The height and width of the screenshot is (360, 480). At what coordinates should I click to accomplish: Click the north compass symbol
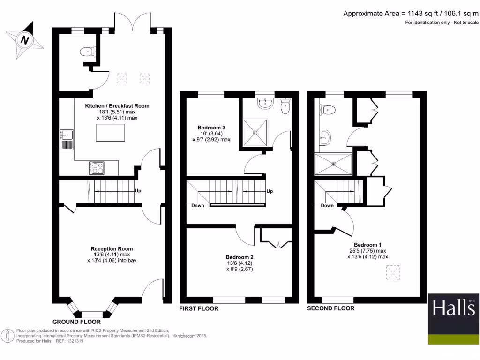[x=24, y=40]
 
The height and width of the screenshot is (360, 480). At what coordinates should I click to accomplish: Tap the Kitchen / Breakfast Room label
[x=117, y=106]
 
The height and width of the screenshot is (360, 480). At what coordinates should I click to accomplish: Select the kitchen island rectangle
[x=111, y=133]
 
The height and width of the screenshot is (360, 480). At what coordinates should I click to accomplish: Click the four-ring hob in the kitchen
[x=97, y=167]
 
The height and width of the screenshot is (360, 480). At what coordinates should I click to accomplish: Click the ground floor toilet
[x=87, y=52]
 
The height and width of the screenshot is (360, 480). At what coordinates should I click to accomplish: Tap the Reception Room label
[x=112, y=249]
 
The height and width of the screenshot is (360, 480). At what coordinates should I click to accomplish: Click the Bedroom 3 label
[x=211, y=127]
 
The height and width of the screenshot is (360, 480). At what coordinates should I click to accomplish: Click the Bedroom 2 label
[x=240, y=257]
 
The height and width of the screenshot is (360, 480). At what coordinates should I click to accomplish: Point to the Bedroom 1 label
[x=367, y=245]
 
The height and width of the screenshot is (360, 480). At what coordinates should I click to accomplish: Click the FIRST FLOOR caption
[x=199, y=309]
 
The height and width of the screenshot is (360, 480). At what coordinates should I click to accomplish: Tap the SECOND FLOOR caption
[x=330, y=308]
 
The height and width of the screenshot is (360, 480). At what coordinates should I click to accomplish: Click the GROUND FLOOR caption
[x=76, y=322]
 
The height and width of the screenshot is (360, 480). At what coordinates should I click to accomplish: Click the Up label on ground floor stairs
[x=138, y=191]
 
